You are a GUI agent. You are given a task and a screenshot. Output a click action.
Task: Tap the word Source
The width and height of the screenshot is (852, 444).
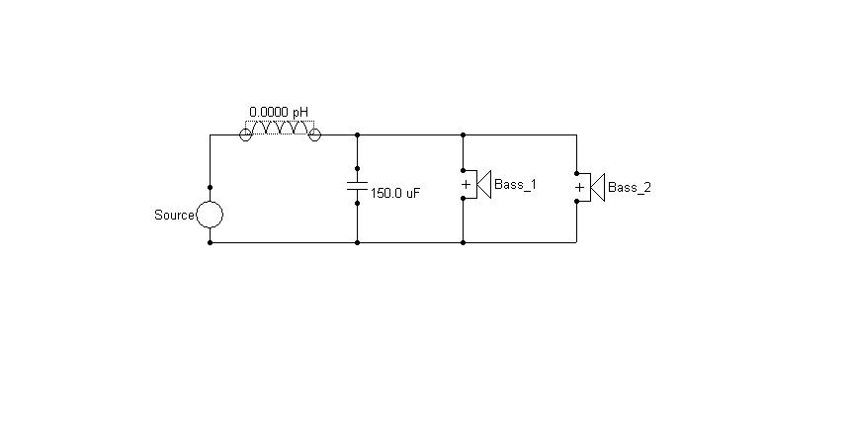tap(174, 216)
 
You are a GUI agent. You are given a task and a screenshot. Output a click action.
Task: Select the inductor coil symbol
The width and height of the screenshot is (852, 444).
tap(280, 128)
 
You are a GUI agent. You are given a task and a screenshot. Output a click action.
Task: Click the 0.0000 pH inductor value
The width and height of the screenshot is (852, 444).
tap(279, 112)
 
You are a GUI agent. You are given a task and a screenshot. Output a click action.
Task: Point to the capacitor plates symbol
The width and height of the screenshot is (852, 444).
tap(357, 186)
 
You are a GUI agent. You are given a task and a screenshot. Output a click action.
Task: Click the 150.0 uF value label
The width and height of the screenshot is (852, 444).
tap(395, 194)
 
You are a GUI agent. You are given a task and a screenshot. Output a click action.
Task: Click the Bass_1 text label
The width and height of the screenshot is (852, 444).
tap(515, 185)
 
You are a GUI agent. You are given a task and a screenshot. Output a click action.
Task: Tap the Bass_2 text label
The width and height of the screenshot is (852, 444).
tap(630, 188)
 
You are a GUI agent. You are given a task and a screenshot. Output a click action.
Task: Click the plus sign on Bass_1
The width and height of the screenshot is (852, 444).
tap(466, 185)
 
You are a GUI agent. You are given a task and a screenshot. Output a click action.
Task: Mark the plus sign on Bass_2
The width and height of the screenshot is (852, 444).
tap(580, 188)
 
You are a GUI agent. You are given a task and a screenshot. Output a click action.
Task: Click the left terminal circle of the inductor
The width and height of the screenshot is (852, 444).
tap(245, 134)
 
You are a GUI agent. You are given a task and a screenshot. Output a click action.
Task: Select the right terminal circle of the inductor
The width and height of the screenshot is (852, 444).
tap(314, 134)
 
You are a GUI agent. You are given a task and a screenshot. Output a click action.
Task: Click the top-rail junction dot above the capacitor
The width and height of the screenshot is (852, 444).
tap(357, 134)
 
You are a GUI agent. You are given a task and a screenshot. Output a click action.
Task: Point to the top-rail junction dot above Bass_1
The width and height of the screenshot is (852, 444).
tap(463, 134)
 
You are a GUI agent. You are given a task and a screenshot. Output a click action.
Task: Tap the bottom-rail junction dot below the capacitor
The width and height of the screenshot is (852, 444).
tap(357, 242)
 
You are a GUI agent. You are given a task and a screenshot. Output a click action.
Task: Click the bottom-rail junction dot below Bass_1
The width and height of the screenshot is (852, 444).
tap(463, 242)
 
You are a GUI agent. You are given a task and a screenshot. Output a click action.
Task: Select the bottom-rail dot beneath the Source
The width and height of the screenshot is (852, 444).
tap(210, 242)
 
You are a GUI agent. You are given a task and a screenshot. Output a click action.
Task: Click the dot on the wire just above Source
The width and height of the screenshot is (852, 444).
tap(210, 188)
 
